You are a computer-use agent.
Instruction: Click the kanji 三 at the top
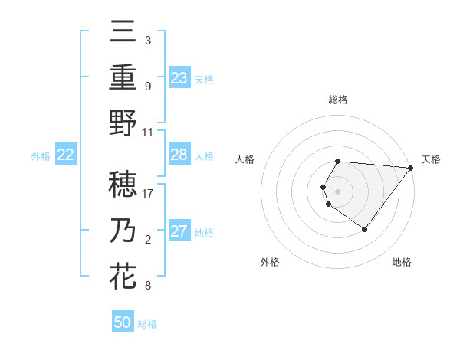(x=123, y=33)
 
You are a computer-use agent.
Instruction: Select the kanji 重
(x=123, y=77)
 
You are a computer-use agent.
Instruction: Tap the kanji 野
(x=123, y=123)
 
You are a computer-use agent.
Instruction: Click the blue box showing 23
(x=179, y=78)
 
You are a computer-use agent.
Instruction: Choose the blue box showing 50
(x=123, y=322)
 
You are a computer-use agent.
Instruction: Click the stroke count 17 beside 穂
(x=148, y=193)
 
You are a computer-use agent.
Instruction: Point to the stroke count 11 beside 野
(x=148, y=131)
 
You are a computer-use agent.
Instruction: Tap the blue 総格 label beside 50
(x=147, y=324)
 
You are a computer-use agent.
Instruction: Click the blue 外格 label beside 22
(x=41, y=156)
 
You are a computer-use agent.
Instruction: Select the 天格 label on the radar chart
(x=431, y=159)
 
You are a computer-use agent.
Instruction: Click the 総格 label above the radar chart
(x=338, y=100)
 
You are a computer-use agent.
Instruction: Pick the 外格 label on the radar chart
(x=270, y=262)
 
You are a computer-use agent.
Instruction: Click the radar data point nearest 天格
(x=411, y=169)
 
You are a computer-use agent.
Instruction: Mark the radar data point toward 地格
(x=364, y=229)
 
